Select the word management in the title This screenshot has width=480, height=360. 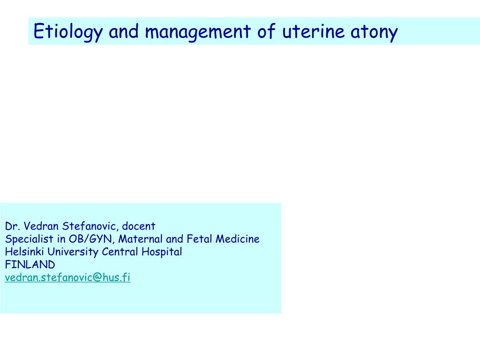coord(199,32)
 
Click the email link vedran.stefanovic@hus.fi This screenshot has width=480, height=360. coord(67,277)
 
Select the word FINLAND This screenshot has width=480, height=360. coord(30,264)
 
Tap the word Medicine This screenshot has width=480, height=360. coord(238,239)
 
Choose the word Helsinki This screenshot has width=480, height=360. coord(22,252)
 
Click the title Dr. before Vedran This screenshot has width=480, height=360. coord(11,226)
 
